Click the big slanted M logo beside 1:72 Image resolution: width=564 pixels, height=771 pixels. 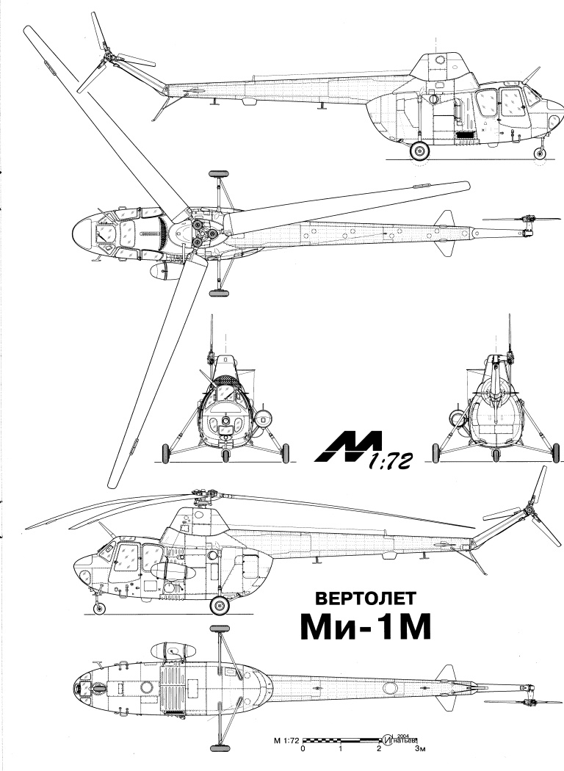click(x=347, y=447)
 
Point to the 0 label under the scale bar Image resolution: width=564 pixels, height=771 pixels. click(x=303, y=750)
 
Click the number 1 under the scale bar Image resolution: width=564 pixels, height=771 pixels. click(x=341, y=750)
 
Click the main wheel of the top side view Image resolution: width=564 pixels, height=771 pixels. click(x=419, y=152)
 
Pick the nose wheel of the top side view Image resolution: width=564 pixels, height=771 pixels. click(x=541, y=153)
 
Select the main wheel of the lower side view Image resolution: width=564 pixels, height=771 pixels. click(x=219, y=606)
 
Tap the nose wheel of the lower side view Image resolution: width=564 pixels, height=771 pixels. click(x=100, y=608)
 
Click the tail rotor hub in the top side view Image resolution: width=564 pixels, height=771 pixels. click(x=109, y=55)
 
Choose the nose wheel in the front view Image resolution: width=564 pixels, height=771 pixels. click(x=225, y=457)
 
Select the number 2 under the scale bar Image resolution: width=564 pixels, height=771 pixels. click(x=380, y=750)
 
